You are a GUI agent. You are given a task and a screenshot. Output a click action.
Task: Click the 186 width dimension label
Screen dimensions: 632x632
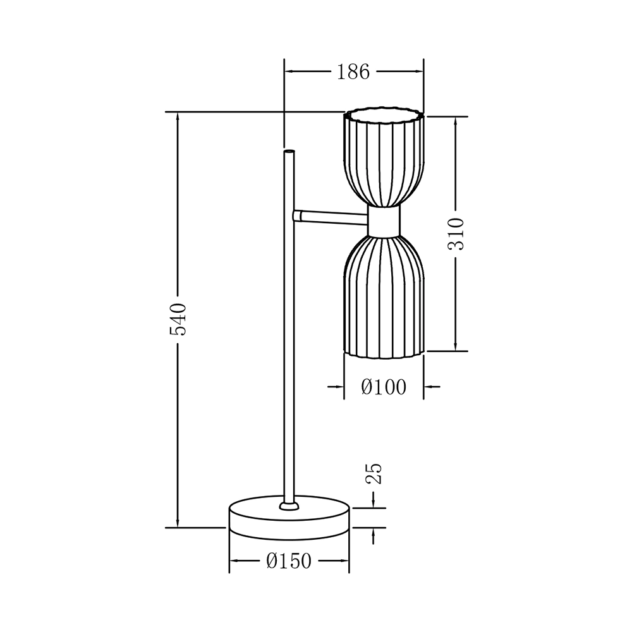[353, 72]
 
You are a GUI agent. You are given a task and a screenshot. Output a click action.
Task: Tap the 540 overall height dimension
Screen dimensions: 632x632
[178, 320]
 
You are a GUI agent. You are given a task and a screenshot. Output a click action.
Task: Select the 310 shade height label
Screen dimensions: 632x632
[456, 234]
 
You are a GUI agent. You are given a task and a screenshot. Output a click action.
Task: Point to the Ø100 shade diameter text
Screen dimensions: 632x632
[384, 387]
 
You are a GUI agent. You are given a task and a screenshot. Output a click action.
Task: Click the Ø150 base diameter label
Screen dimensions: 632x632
[289, 561]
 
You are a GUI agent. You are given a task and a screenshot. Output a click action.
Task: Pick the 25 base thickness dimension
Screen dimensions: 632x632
[374, 473]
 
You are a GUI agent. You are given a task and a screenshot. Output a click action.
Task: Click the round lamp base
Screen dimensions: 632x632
[289, 518]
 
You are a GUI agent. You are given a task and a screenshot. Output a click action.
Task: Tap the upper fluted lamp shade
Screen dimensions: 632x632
[384, 157]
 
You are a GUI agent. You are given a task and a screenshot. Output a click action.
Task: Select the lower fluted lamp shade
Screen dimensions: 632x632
[384, 296]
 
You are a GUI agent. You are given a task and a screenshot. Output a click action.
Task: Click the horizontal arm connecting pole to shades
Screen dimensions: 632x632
[331, 217]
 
